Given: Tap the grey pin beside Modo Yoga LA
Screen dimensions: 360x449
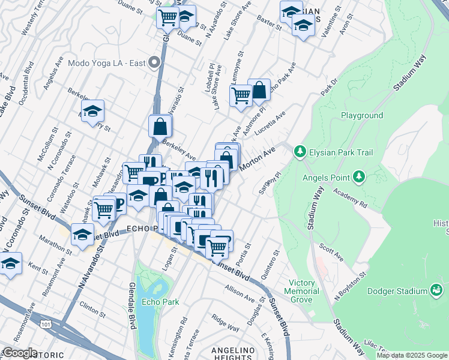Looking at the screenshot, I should click(x=154, y=62).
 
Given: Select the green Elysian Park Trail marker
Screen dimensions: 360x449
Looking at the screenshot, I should click(x=300, y=152).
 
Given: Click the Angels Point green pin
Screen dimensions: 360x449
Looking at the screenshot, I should click(x=358, y=176).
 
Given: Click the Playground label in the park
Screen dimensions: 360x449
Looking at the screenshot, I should click(x=362, y=115).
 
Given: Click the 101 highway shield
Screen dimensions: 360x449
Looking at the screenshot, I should click(x=45, y=324).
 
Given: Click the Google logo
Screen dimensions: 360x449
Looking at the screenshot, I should click(x=19, y=353).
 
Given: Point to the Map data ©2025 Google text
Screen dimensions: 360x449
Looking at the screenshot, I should click(x=411, y=355).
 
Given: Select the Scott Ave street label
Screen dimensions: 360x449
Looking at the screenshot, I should click(x=331, y=251).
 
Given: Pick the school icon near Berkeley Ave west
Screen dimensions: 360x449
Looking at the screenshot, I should click(x=92, y=111).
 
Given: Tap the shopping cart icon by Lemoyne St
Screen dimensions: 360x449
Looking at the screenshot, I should click(x=241, y=95).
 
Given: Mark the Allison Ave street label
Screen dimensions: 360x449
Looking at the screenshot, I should click(x=241, y=293).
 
